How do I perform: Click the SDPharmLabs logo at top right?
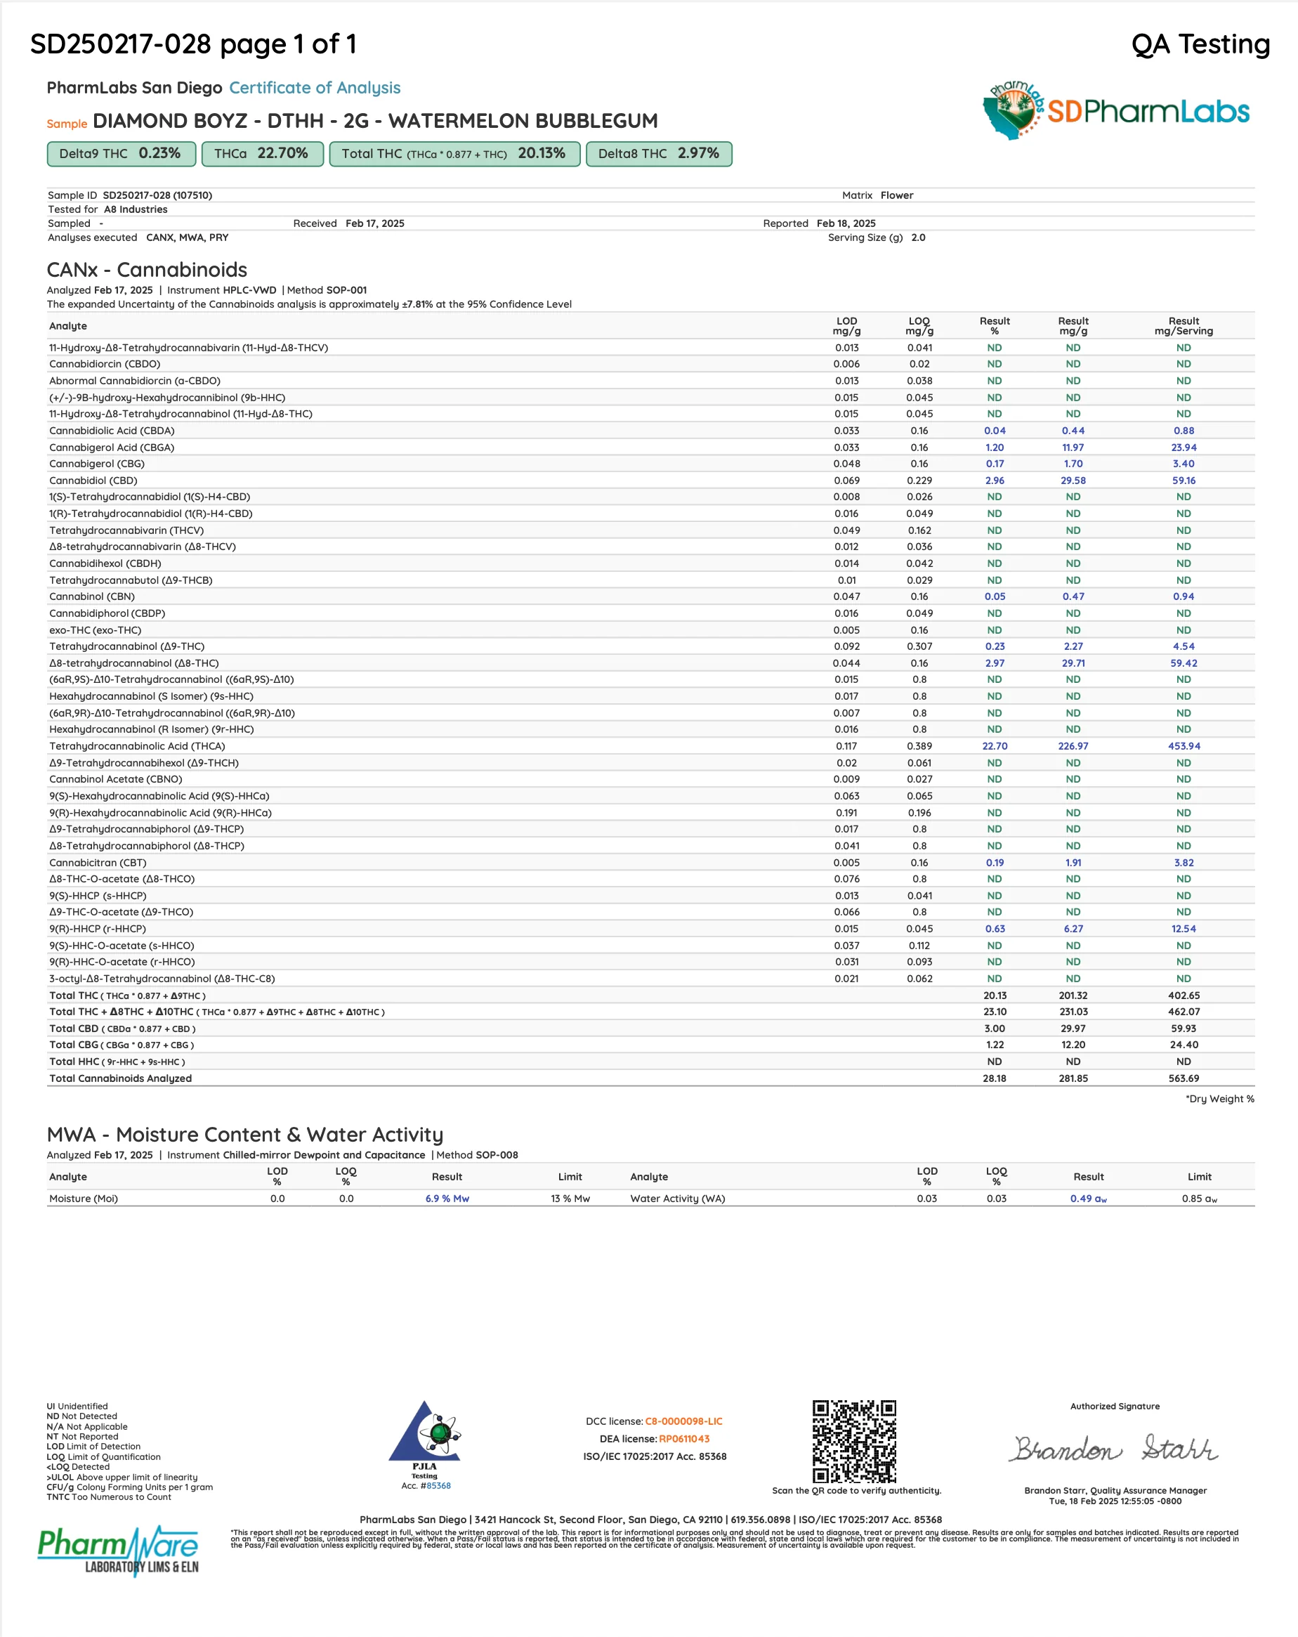(1116, 111)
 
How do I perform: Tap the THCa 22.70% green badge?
(262, 153)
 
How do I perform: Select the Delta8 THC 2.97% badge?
(658, 153)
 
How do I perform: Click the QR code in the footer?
(854, 1441)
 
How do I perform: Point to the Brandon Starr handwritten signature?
(1113, 1449)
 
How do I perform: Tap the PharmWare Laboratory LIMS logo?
(119, 1550)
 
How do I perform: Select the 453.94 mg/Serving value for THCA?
(1184, 746)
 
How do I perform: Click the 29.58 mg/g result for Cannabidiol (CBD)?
(1073, 481)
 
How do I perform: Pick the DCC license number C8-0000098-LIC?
(683, 1421)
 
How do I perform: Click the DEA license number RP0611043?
(684, 1439)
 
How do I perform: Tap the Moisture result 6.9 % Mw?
(447, 1199)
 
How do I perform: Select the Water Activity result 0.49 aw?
(1088, 1199)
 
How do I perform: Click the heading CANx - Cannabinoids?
(147, 270)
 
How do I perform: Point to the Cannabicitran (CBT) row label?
(98, 863)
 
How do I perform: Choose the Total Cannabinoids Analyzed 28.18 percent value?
(995, 1078)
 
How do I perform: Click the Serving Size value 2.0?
(918, 237)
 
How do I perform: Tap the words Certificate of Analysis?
(314, 88)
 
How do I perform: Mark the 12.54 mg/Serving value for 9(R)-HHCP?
(1184, 929)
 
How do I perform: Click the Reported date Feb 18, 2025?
(846, 223)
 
